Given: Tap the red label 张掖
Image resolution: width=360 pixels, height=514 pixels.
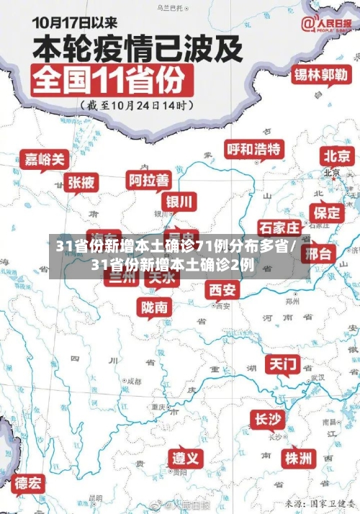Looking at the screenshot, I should coord(81,183).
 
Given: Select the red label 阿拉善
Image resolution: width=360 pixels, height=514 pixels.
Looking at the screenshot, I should coord(149,179).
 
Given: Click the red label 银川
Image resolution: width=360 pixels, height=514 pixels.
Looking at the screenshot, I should coord(180,201).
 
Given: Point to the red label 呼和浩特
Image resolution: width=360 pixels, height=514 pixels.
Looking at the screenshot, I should coord(254,150).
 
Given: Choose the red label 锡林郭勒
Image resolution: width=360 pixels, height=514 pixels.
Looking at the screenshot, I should coord(320,74).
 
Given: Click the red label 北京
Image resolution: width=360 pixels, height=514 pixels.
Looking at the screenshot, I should coord(337,155).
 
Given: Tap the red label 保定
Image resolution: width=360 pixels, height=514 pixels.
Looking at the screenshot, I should coord(326,212).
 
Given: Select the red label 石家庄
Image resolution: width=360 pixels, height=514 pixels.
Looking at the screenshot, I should coord(279,228).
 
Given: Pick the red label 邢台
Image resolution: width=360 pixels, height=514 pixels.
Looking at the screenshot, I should coord(319,253).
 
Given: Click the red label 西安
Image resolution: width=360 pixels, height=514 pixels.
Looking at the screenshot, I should coord(222,289).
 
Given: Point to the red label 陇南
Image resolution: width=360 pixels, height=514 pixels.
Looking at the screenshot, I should coord(155,307).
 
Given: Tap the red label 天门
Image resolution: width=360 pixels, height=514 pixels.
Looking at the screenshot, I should coord(283,364).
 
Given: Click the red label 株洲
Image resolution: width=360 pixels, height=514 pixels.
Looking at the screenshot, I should coord(298,458).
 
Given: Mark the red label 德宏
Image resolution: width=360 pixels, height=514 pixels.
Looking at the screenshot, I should coord(29,483).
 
